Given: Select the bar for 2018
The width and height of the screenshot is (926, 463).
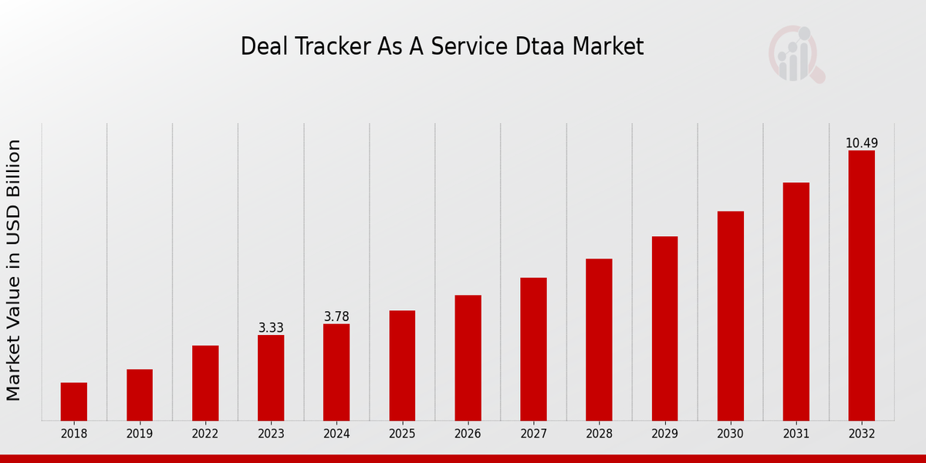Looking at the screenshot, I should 74,401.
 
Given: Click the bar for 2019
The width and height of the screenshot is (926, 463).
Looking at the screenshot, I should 140,395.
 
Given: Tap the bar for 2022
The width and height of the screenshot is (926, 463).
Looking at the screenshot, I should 205,383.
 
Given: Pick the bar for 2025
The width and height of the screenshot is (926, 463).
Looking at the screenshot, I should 402,366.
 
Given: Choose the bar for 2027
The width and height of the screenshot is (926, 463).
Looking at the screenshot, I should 533,349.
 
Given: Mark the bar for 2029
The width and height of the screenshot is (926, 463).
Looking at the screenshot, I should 664,328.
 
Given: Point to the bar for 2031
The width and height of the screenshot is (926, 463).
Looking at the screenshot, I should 796,301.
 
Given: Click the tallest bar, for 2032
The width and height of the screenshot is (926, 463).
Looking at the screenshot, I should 861,286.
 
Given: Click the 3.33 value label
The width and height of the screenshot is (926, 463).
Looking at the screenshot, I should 271,328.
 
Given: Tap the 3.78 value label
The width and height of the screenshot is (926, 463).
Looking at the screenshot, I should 336,317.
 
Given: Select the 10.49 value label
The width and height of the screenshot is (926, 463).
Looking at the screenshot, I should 861,144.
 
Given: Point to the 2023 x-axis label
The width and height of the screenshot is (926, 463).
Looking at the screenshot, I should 271,434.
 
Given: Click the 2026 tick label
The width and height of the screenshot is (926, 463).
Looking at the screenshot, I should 468,434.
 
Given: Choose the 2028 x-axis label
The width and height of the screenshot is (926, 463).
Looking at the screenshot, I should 599,434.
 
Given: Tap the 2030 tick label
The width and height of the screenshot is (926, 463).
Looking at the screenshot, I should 730,434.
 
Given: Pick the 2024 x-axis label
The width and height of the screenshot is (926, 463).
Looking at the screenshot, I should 336,434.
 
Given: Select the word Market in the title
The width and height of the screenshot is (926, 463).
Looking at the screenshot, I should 609,46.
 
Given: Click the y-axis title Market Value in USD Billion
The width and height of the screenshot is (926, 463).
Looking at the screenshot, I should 14,270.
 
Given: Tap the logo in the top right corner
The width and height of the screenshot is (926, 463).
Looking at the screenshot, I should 796,54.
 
